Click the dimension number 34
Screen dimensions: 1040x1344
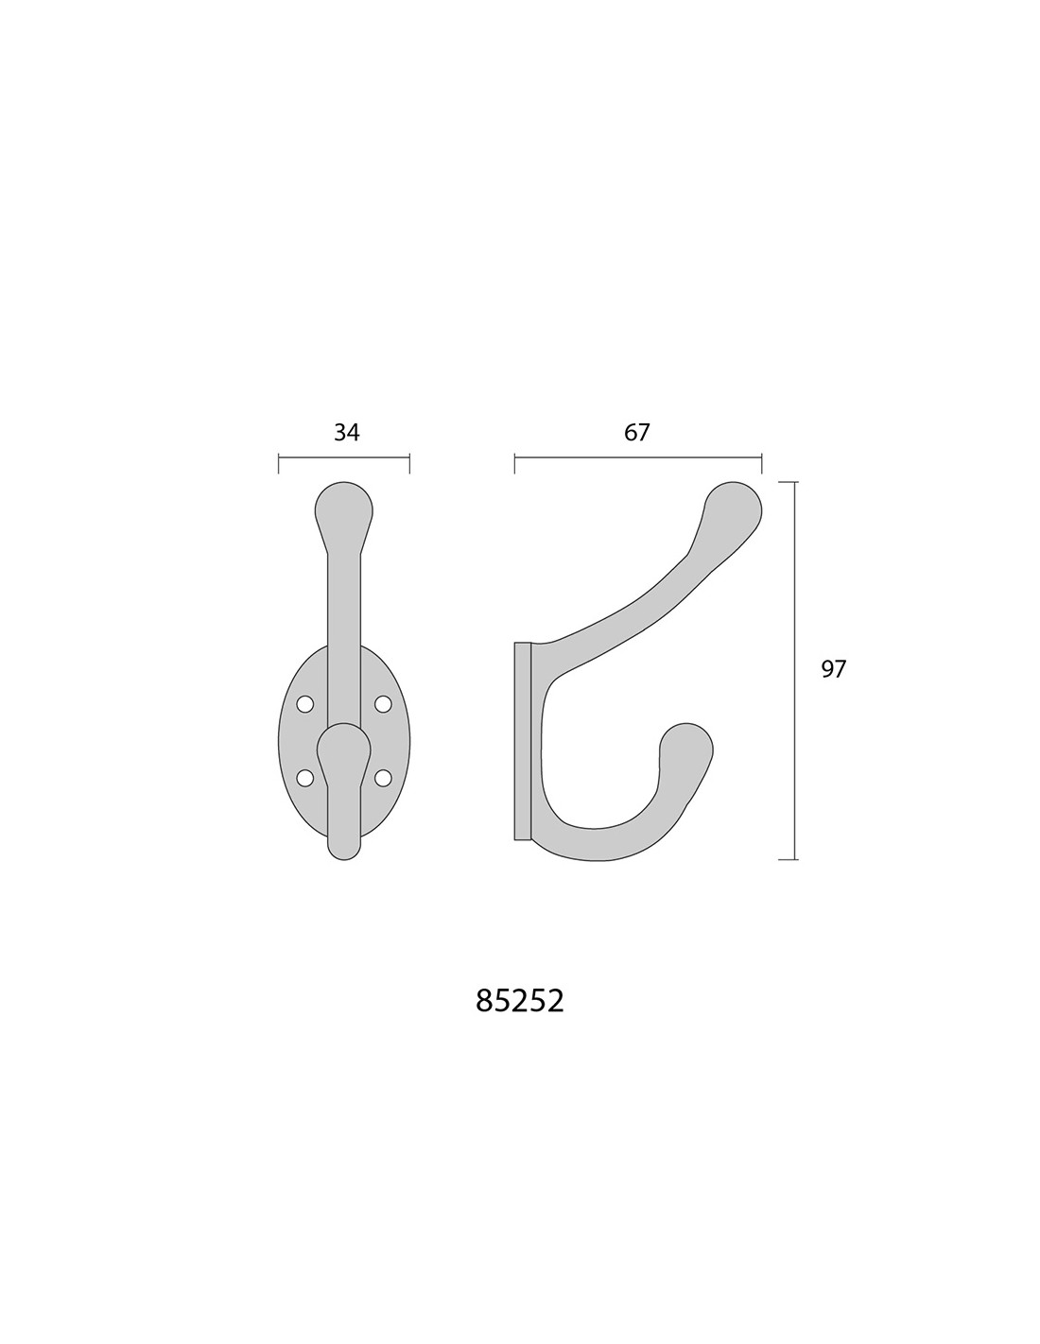346,432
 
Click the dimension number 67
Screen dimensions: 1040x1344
636,432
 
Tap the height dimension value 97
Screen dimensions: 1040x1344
833,669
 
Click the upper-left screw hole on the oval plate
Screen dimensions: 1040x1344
305,703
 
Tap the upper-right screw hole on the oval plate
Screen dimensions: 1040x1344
383,703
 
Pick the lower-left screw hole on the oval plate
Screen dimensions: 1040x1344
305,778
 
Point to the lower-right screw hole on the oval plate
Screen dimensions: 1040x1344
383,778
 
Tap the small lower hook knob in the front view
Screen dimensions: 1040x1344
344,749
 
